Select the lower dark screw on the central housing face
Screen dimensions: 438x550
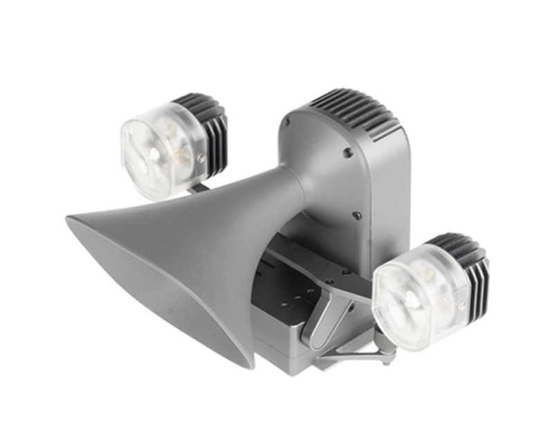point(354,215)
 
